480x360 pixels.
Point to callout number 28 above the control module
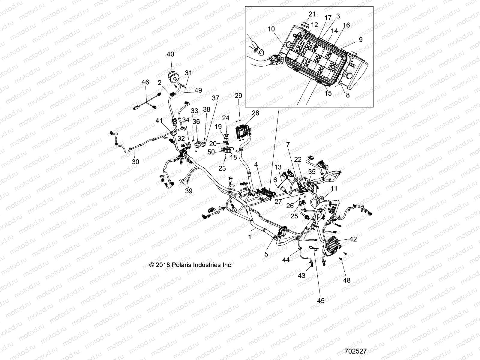(x=255, y=113)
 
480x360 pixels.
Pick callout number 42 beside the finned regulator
(x=353, y=239)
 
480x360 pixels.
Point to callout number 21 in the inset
(x=312, y=14)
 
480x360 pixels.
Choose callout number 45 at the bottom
(x=321, y=301)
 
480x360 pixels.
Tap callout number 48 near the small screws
(x=347, y=280)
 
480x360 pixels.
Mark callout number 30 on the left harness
(x=136, y=162)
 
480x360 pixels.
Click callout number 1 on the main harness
(x=250, y=236)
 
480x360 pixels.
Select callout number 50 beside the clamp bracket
(x=211, y=152)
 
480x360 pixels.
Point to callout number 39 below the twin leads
(x=189, y=191)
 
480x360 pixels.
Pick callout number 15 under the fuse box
(x=328, y=93)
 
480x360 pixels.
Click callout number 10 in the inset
(x=271, y=29)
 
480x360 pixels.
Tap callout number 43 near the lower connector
(x=301, y=275)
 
